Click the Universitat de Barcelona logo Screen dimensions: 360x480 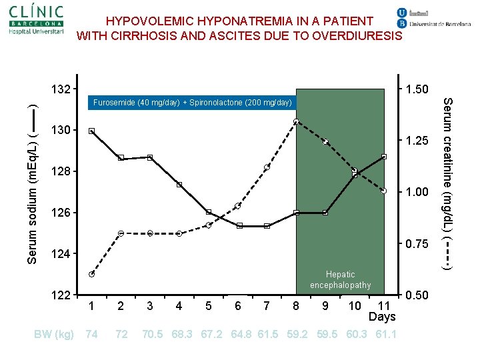coord(433,19)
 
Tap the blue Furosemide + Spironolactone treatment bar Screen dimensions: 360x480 coord(192,103)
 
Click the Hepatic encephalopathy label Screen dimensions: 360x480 coord(340,279)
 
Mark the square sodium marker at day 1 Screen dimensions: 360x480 coord(91,131)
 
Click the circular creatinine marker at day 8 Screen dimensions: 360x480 coord(296,121)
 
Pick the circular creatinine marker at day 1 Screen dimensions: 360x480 coord(91,274)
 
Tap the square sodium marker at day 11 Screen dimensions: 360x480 coord(384,157)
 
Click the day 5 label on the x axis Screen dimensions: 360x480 coord(209,306)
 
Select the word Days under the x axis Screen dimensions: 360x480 coord(382,317)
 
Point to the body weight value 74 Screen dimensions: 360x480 coord(91,333)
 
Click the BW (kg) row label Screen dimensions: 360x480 coord(54,333)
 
